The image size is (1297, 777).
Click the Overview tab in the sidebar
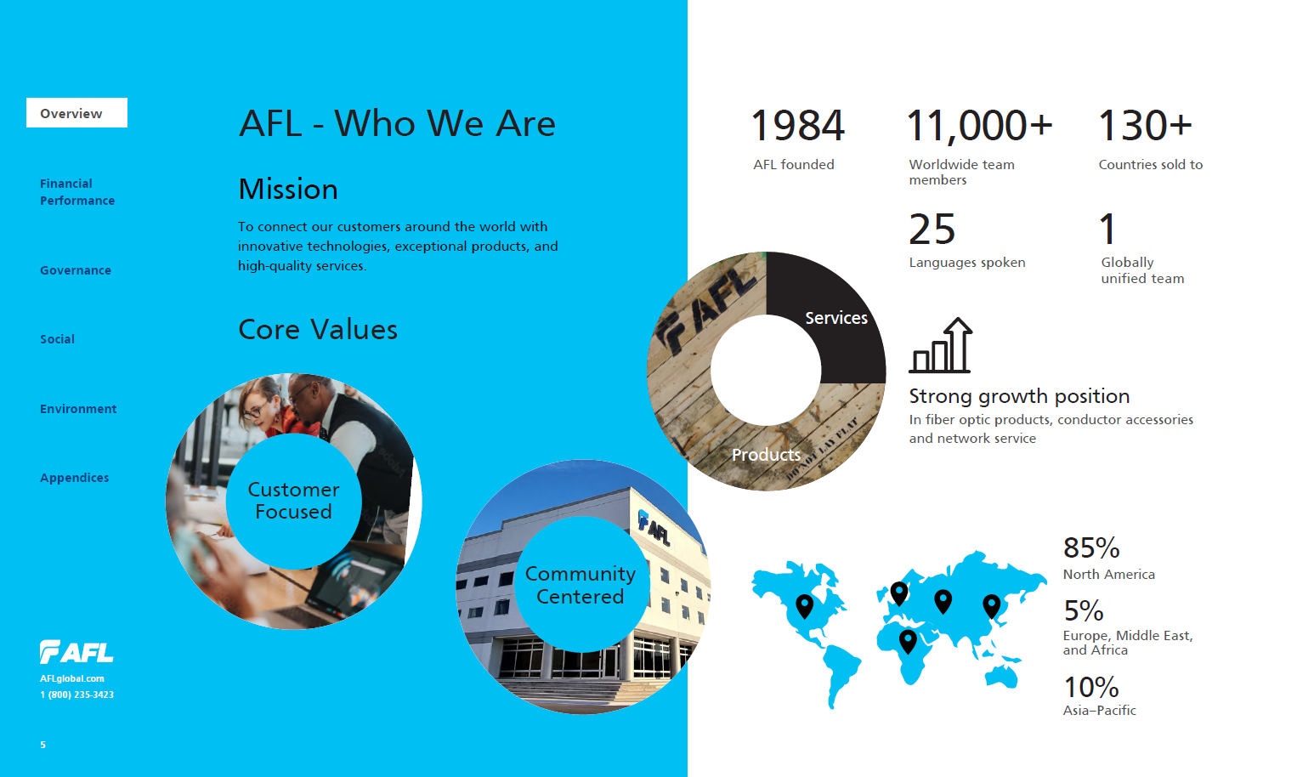tap(76, 112)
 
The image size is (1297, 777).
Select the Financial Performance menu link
tap(77, 192)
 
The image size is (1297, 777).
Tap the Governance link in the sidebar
tap(76, 270)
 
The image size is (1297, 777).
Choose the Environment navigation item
tap(78, 409)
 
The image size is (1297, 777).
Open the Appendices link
tap(74, 478)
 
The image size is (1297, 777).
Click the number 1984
tap(797, 125)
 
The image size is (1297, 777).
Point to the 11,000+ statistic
tap(979, 126)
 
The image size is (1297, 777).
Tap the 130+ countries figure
tap(1145, 125)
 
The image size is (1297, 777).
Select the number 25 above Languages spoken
tap(932, 230)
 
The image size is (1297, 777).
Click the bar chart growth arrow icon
tap(940, 345)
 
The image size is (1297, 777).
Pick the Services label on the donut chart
tap(836, 318)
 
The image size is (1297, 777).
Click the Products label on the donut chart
tap(766, 455)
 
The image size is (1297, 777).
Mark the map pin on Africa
tap(908, 642)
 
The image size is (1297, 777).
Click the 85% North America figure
tap(1090, 547)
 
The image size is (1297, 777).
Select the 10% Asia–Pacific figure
tap(1090, 687)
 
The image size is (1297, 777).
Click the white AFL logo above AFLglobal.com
tap(76, 652)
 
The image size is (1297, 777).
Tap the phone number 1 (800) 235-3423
tap(77, 695)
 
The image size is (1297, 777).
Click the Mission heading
tap(288, 190)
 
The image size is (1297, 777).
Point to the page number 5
tap(42, 745)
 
